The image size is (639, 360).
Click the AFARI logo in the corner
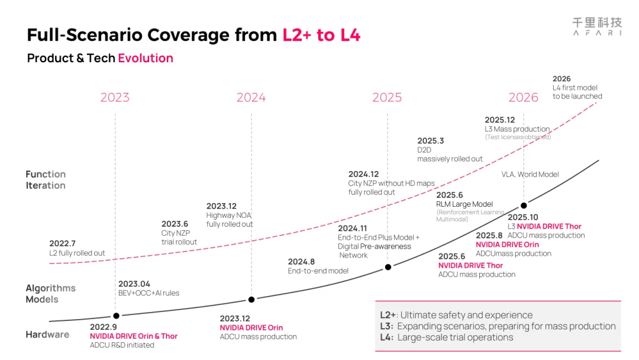pyautogui.click(x=597, y=27)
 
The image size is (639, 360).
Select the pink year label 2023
pyautogui.click(x=115, y=98)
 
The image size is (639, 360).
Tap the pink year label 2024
pyautogui.click(x=251, y=98)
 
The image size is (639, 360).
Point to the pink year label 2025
pyautogui.click(x=387, y=98)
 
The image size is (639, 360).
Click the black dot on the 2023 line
pyautogui.click(x=116, y=316)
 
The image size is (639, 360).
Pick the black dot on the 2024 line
pyautogui.click(x=251, y=300)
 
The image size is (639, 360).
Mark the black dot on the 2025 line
pyautogui.click(x=388, y=267)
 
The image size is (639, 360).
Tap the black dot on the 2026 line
pyautogui.click(x=524, y=205)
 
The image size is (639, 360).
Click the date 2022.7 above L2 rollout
pyautogui.click(x=62, y=243)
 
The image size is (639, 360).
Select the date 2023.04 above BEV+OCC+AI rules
pyautogui.click(x=134, y=284)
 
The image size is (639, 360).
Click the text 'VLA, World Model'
pyautogui.click(x=530, y=175)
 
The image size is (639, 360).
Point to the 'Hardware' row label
pyautogui.click(x=47, y=335)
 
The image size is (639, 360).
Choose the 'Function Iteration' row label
pyautogui.click(x=46, y=180)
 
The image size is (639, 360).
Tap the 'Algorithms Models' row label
pyautogui.click(x=50, y=294)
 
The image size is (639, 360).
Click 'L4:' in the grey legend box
pyautogui.click(x=387, y=337)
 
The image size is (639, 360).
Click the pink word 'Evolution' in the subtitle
pyautogui.click(x=146, y=58)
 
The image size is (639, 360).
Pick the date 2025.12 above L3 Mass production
pyautogui.click(x=499, y=120)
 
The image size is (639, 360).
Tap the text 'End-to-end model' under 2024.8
pyautogui.click(x=318, y=271)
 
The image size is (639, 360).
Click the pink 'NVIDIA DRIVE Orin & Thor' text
pyautogui.click(x=134, y=336)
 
